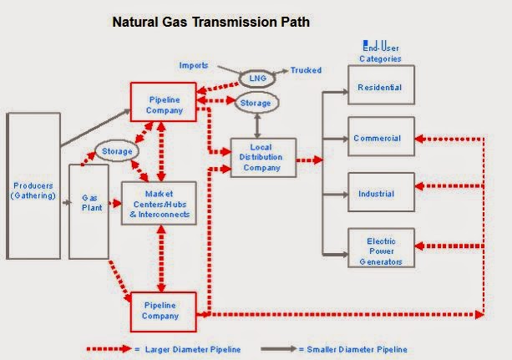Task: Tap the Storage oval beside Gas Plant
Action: point(118,151)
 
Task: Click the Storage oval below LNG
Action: point(255,103)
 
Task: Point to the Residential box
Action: point(380,87)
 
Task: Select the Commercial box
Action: point(380,139)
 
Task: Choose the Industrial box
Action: point(380,194)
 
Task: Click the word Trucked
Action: point(306,71)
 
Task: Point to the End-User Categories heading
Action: point(380,53)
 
